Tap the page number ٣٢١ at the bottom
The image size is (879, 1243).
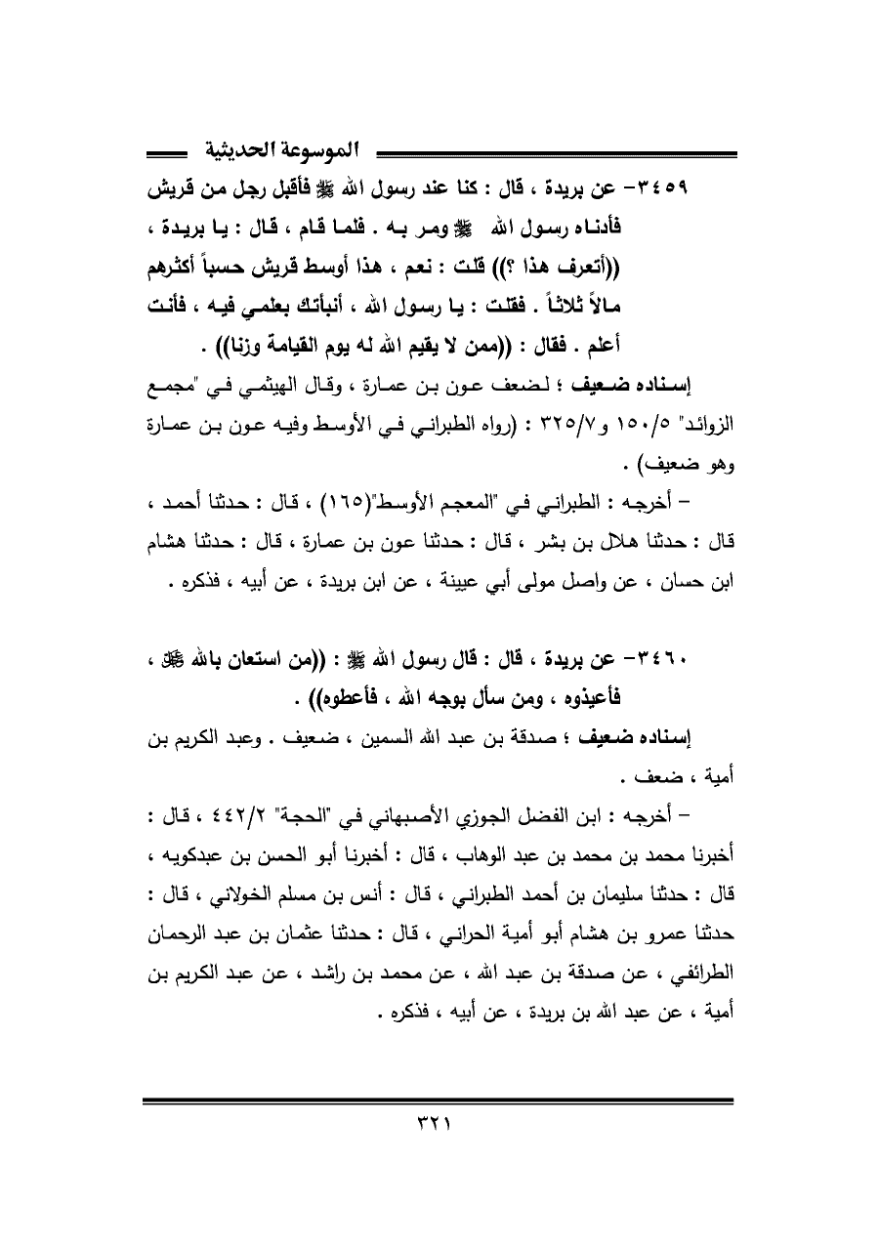click(439, 1138)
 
